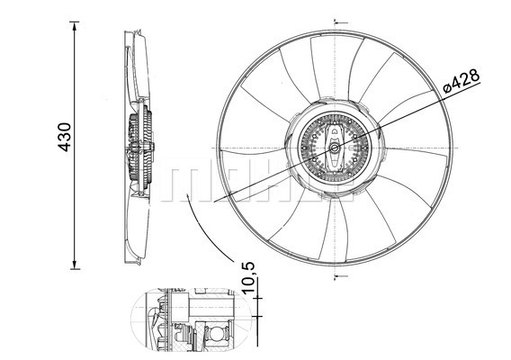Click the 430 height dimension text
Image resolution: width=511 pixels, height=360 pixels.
pos(65,137)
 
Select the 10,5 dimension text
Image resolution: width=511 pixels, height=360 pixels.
pos(248,278)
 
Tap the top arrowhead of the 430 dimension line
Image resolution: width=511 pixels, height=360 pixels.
pos(75,26)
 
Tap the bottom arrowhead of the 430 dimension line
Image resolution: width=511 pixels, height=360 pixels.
pos(75,265)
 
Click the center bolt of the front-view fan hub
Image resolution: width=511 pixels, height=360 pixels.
pos(335,148)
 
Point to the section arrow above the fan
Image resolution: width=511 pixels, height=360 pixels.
pos(341,23)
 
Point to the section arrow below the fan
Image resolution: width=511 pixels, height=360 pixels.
pos(341,276)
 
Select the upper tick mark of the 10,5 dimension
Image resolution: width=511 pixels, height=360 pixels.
pos(257,298)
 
